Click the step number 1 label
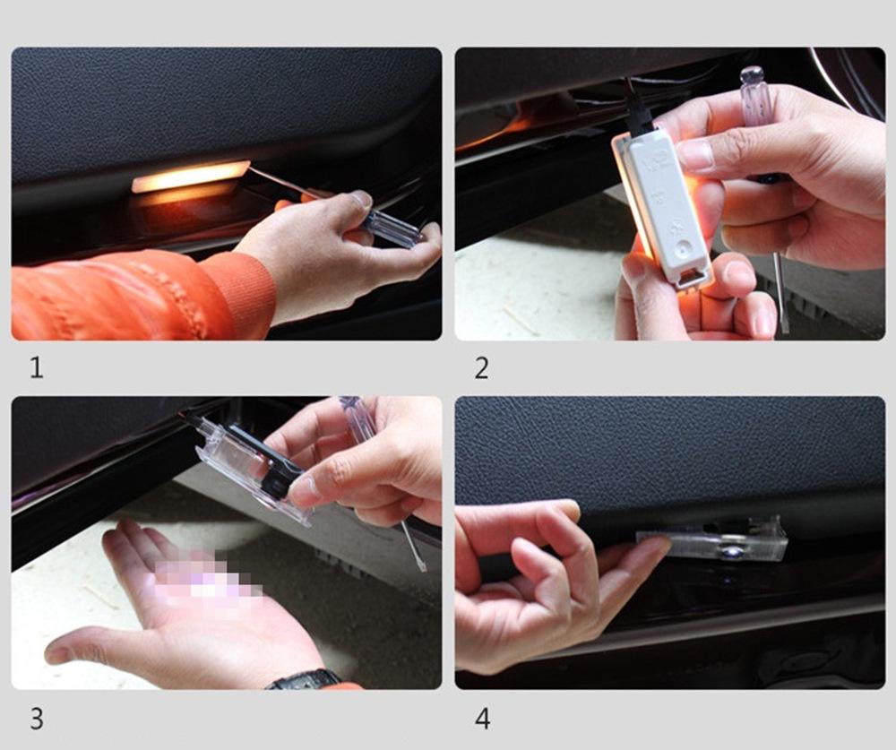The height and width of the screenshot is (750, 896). tap(37, 367)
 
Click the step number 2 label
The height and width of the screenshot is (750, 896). tap(482, 368)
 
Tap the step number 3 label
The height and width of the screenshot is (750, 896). tap(37, 719)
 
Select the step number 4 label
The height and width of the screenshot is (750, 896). tap(483, 719)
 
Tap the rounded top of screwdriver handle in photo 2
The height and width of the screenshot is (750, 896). tap(752, 75)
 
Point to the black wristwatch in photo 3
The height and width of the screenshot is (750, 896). tap(305, 679)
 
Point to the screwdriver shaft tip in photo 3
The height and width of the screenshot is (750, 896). tap(422, 567)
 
